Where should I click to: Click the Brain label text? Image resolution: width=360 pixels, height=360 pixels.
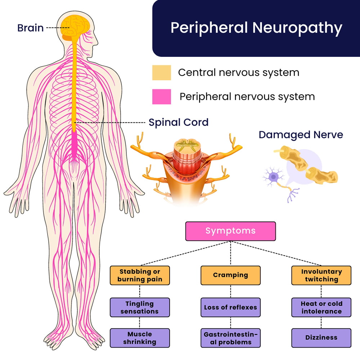coord(30,28)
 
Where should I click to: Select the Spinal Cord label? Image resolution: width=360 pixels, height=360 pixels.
coord(179,122)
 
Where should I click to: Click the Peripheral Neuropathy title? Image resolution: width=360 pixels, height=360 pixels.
coord(256,28)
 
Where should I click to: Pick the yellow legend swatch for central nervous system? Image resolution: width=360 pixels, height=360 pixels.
coord(161,73)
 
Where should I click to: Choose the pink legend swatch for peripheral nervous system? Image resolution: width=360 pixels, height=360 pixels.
coord(161,97)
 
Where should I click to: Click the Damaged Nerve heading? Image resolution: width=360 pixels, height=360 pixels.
coord(301,135)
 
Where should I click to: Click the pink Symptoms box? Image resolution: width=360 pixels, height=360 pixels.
coord(230,231)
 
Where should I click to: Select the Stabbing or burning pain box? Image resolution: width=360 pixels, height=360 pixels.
coord(139,275)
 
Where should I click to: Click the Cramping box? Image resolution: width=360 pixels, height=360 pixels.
coord(230,275)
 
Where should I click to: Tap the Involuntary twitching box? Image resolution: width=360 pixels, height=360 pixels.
coord(321,275)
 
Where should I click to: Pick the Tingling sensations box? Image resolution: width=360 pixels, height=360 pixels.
coord(139,307)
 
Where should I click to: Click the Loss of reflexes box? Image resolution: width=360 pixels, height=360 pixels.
coord(230,307)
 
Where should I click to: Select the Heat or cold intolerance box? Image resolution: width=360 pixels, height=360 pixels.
coord(321,307)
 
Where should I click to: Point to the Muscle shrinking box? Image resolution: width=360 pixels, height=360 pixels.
coord(139,338)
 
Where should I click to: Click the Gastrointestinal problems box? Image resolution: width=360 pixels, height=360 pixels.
coord(230,338)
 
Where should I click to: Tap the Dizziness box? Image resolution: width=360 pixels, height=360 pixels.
coord(321,338)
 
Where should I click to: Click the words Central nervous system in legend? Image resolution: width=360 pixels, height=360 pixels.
coord(238,73)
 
